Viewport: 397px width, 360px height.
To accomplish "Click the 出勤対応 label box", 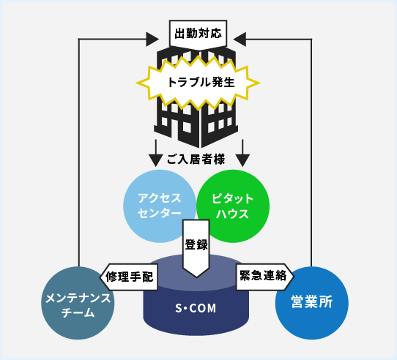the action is (198, 34).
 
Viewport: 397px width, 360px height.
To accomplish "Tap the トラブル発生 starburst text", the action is (201, 83).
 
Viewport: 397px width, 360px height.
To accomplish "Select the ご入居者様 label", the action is (196, 160).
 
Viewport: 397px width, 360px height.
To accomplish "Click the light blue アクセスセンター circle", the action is (160, 206).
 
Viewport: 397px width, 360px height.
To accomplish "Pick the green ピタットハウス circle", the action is (233, 206).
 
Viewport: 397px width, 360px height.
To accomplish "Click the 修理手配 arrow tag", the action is (129, 277).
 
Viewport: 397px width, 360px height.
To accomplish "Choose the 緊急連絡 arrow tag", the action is (265, 277).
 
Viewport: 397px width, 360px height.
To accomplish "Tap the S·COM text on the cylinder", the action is (196, 308).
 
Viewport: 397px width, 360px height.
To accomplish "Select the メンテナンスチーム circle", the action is (78, 303).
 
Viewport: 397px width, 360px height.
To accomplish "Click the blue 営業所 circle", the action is (312, 303).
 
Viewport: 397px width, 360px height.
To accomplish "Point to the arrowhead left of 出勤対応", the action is (152, 40).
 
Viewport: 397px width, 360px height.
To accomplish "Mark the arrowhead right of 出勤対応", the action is (240, 40).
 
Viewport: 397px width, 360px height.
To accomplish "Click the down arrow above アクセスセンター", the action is (155, 153).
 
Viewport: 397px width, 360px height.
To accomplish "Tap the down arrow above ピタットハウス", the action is (242, 153).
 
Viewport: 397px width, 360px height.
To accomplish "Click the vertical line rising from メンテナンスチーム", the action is (79, 153).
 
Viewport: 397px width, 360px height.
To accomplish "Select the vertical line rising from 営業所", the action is (311, 153).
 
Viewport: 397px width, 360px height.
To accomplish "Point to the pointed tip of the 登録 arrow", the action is (196, 277).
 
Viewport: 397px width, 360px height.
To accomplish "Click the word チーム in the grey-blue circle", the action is (78, 313).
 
